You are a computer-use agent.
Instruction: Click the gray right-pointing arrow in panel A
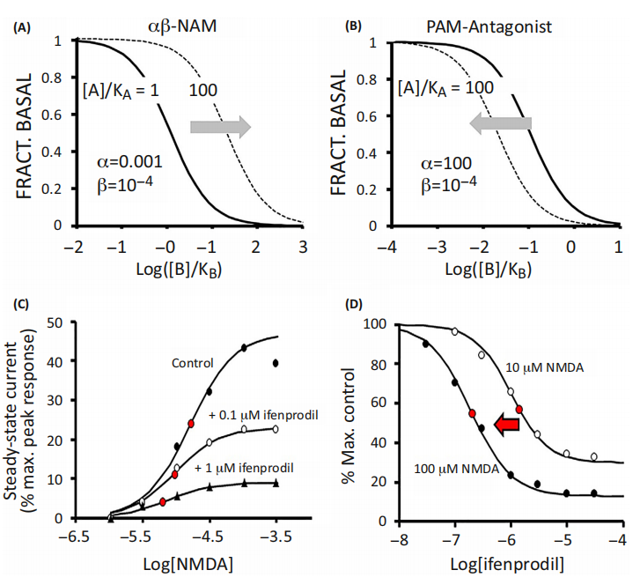pyautogui.click(x=221, y=129)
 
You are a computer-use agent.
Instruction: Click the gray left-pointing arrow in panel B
pyautogui.click(x=500, y=126)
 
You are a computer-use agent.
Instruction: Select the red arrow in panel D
pyautogui.click(x=507, y=426)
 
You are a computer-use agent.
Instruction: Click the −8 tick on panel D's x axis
pyautogui.click(x=400, y=536)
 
